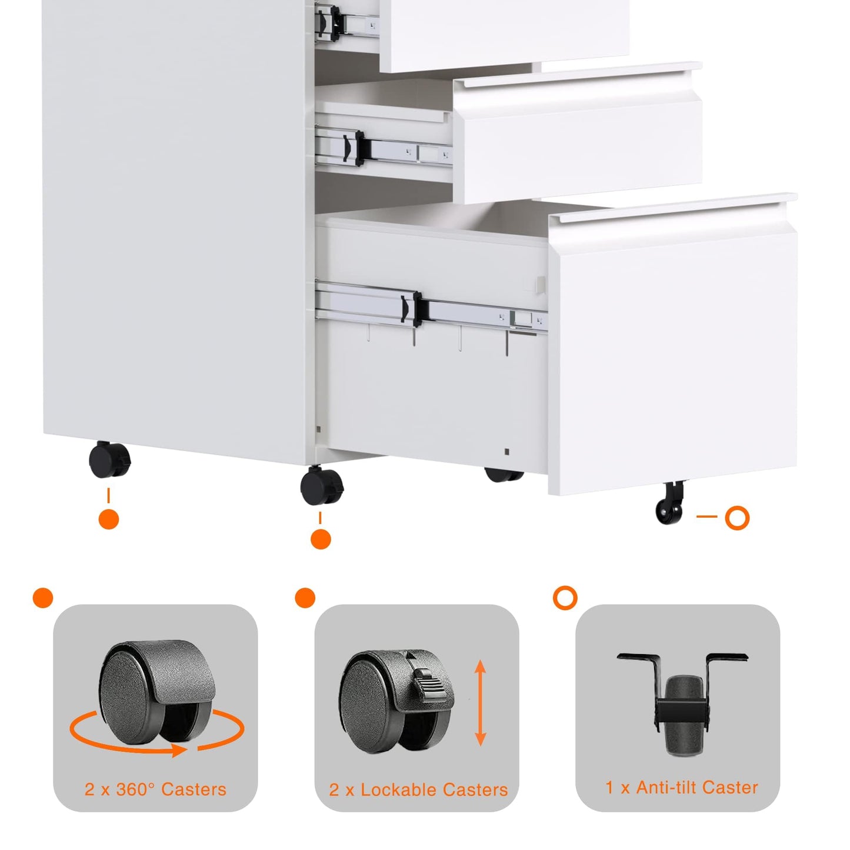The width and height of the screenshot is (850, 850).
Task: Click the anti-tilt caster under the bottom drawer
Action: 670,502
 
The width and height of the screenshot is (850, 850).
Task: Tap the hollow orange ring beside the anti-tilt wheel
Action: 737,518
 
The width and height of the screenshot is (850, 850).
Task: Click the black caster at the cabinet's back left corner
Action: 110,459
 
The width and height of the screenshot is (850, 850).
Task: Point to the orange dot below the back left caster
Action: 109,519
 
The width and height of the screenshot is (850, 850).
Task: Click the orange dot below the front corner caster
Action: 321,539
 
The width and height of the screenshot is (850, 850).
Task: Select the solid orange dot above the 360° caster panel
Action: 43,598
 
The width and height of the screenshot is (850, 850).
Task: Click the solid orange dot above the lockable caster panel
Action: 305,598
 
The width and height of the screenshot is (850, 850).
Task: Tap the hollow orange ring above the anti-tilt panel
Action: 565,598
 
